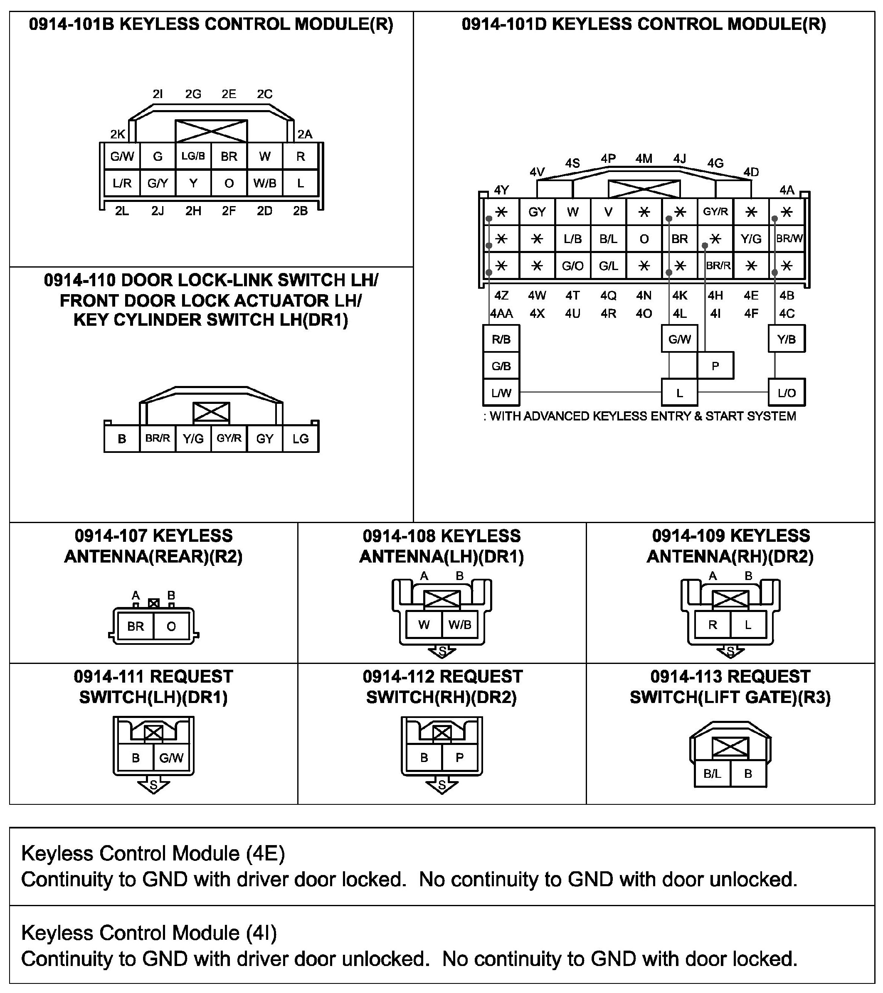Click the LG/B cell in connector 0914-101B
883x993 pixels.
tap(193, 156)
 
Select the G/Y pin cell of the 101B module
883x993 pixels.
tap(158, 183)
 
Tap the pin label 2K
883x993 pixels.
tap(118, 134)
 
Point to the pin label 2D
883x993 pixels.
tap(264, 211)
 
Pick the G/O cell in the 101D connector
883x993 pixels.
tap(572, 266)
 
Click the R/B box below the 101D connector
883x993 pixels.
tap(501, 339)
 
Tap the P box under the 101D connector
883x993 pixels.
tap(715, 366)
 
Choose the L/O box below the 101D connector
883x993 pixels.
tap(786, 393)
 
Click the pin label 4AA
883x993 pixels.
tap(501, 314)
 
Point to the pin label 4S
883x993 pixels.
tap(572, 163)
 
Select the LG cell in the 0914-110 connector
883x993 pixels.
tap(300, 439)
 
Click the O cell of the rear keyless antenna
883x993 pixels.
tap(171, 627)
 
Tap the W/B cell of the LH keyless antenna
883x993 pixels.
tap(460, 625)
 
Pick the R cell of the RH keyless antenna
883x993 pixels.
tap(713, 625)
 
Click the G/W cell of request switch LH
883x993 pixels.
tap(171, 758)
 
